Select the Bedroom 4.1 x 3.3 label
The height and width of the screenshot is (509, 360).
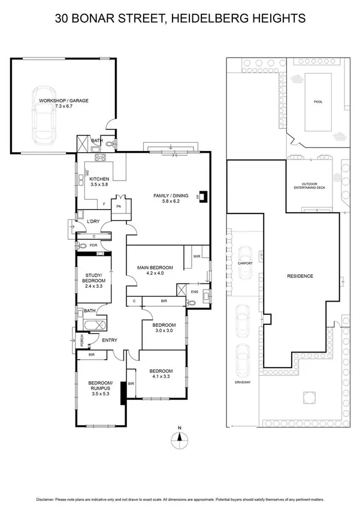tap(161, 374)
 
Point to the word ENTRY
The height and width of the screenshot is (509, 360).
tap(110, 341)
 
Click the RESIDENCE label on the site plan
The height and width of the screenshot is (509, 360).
tap(300, 276)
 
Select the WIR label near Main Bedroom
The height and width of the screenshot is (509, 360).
tap(197, 257)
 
